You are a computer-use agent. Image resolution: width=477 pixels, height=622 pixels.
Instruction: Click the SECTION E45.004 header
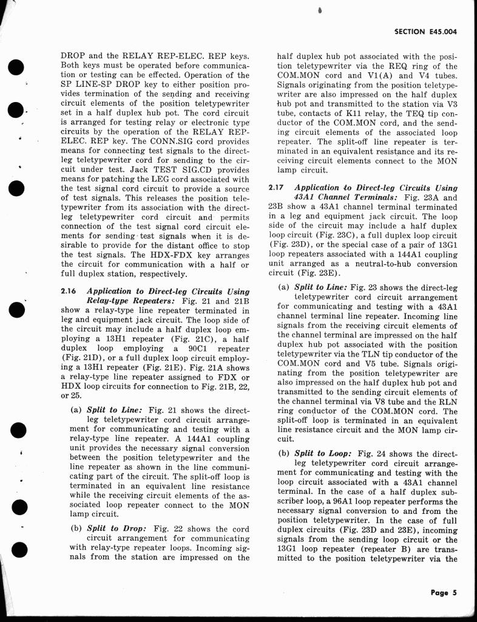pyautogui.click(x=425, y=32)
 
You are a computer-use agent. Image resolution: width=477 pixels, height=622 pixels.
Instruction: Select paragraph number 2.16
pyautogui.click(x=68, y=291)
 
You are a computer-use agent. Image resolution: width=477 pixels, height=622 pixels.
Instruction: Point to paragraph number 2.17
pyautogui.click(x=275, y=188)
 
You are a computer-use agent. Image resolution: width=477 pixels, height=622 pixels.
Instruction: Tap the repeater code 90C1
pyautogui.click(x=206, y=349)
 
